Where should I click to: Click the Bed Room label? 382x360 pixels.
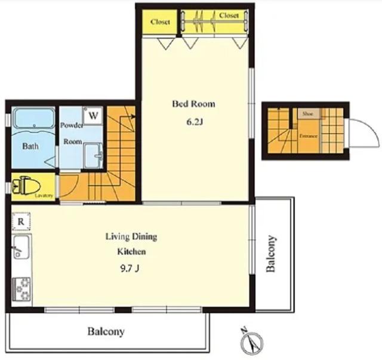(193, 104)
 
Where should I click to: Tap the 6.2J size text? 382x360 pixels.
(195, 122)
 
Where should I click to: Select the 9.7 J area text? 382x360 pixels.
(130, 268)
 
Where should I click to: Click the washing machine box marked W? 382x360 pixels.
(93, 116)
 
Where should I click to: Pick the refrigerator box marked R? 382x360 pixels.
(21, 221)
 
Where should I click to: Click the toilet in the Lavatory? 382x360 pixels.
(26, 186)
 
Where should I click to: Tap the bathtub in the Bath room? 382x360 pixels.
(34, 118)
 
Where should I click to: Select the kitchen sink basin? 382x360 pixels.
(21, 247)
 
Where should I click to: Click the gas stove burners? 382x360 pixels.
(21, 289)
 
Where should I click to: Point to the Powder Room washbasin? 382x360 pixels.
(93, 155)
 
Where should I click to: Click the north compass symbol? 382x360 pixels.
(252, 341)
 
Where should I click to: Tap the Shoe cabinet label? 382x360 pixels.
(307, 114)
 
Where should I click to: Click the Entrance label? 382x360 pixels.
(308, 136)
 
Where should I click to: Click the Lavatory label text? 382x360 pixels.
(44, 196)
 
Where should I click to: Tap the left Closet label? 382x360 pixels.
(160, 22)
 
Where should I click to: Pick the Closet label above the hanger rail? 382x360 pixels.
(229, 16)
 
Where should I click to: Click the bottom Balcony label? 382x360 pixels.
(106, 331)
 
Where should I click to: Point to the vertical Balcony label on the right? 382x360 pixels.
(270, 254)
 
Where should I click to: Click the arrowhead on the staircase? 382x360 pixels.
(133, 116)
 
